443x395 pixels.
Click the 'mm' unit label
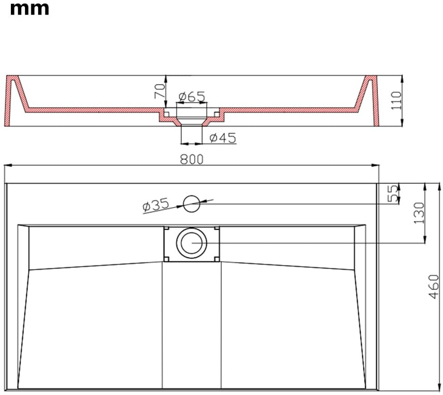click(x=29, y=9)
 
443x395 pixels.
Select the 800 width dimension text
click(x=192, y=159)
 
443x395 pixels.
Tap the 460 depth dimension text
click(x=433, y=286)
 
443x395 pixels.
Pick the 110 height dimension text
click(x=396, y=101)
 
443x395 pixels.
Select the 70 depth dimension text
click(x=160, y=91)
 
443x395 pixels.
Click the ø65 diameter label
click(x=192, y=96)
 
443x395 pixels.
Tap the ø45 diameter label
click(x=223, y=138)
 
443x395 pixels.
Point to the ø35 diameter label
click(x=156, y=204)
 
